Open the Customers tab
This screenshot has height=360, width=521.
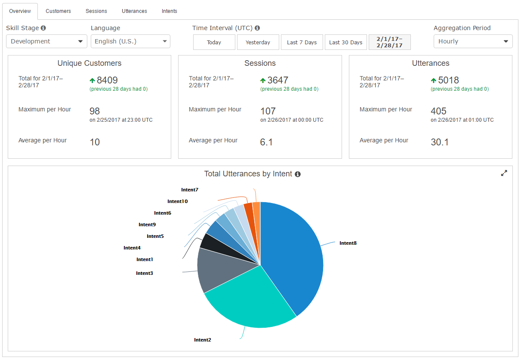(x=58, y=11)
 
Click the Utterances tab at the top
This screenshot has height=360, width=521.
(x=134, y=11)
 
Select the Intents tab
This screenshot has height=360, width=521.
(x=169, y=11)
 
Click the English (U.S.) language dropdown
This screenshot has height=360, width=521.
(x=130, y=41)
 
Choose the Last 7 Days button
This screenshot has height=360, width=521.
(x=302, y=42)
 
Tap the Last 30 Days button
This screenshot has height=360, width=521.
(x=345, y=42)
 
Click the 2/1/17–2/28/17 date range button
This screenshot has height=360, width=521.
(x=389, y=42)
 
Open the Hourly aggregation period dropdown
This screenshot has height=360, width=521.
(x=473, y=41)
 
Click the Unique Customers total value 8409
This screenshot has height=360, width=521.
(x=107, y=80)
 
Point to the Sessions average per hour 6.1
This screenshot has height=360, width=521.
(x=266, y=142)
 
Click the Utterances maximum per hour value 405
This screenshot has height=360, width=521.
(x=438, y=111)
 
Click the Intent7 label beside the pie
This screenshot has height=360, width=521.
(x=190, y=190)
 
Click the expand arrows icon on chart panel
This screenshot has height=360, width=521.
(x=504, y=173)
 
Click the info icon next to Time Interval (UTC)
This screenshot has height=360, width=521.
(x=257, y=28)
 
